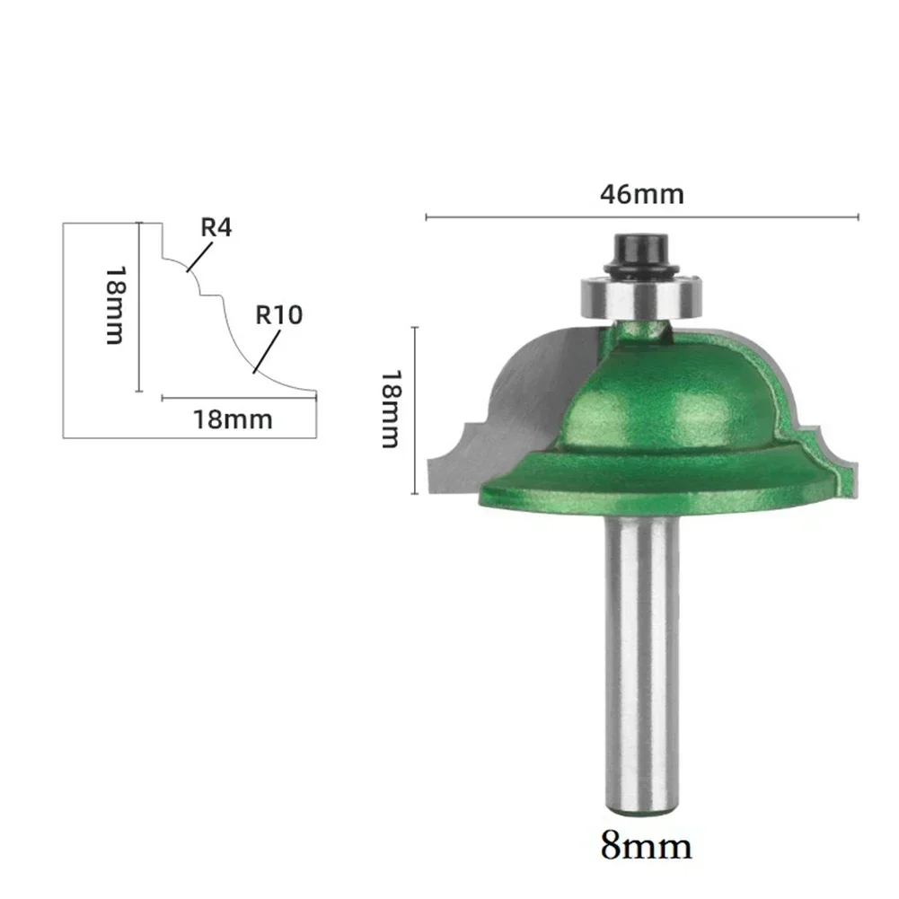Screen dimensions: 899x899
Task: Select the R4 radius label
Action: point(216,227)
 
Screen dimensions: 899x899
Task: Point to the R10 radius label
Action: point(279,315)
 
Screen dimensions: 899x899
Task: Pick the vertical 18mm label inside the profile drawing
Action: point(114,305)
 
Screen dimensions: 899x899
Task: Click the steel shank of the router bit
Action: point(641,665)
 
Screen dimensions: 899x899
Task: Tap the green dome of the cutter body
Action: point(669,395)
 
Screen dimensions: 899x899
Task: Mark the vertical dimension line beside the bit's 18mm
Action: point(414,410)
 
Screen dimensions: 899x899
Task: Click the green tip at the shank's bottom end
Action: point(641,811)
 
